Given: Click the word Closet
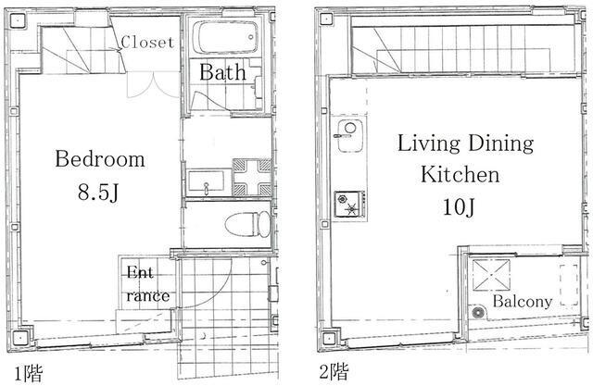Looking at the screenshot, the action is [148, 42].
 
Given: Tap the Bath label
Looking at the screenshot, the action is [222, 72].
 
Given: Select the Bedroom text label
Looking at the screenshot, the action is [100, 158].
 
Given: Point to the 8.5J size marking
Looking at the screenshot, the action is [98, 192].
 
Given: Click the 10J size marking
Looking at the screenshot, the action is [459, 206].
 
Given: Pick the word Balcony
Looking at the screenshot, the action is [522, 302].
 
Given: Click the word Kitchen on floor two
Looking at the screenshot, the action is [460, 174].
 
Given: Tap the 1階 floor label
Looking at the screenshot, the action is [29, 373].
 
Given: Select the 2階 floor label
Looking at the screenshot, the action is [334, 371].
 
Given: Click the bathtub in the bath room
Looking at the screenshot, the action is [225, 37].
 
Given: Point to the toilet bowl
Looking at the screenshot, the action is [248, 224].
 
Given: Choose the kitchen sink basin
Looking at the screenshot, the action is [350, 136].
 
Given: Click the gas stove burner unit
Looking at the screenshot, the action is [350, 204].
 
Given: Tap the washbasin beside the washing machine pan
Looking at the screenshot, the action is [206, 182].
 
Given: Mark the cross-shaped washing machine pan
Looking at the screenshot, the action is [252, 177].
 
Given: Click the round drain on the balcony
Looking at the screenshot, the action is [478, 313].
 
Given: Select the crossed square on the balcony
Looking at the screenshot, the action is [491, 275].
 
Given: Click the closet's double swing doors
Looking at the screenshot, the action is [153, 85].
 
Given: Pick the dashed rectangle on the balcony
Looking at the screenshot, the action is [569, 284].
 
